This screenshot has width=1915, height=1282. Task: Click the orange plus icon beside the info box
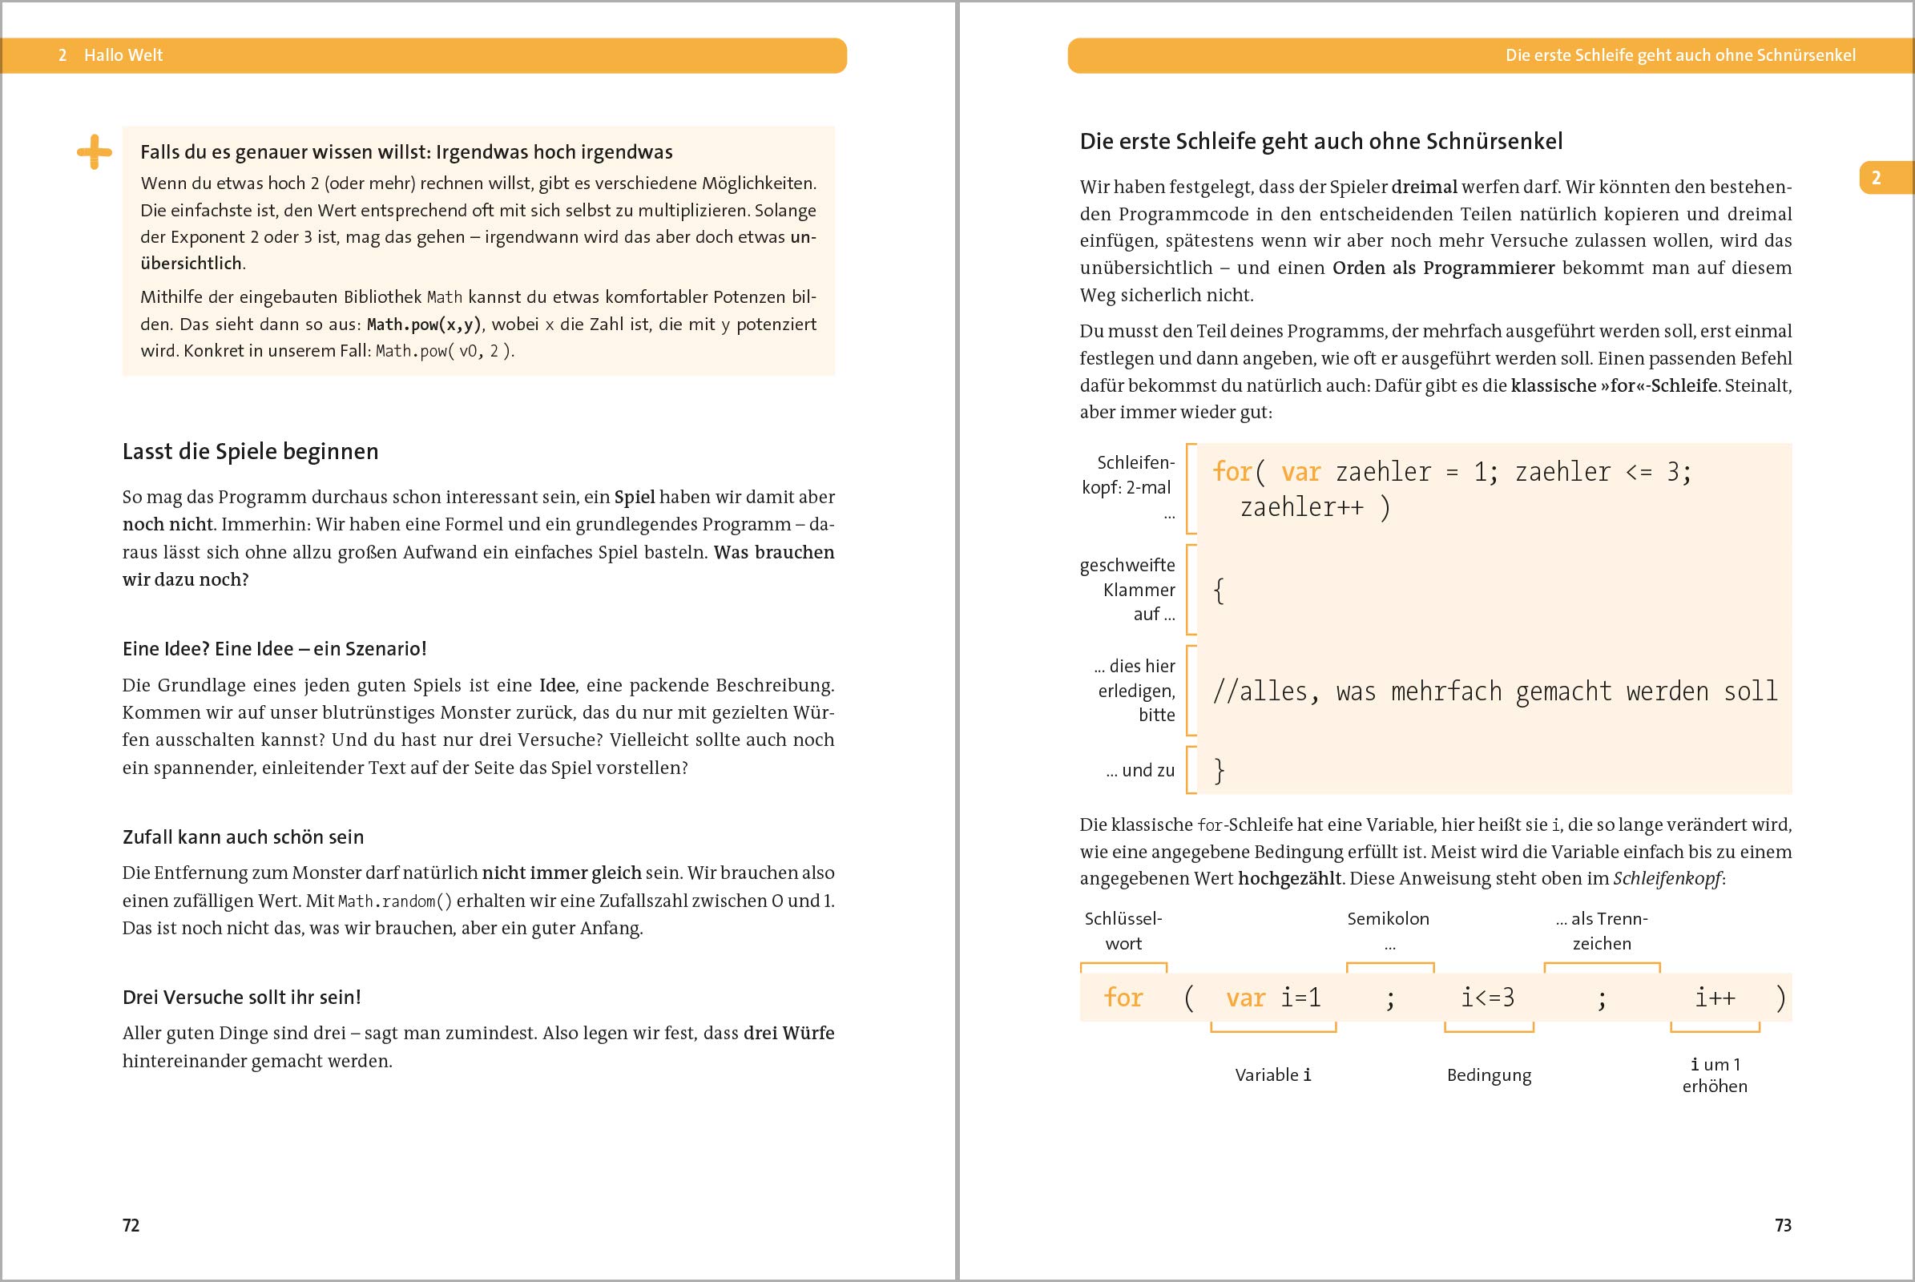94,152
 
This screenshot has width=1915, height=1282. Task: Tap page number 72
131,1225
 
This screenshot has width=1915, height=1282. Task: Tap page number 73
1783,1225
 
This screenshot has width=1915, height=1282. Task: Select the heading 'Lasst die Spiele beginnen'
250,451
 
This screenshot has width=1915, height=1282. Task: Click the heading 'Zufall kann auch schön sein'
243,837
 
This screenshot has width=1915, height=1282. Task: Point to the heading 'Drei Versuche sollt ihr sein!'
241,997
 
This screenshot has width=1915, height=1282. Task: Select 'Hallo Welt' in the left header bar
123,54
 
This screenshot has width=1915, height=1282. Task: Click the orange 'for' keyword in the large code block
1232,472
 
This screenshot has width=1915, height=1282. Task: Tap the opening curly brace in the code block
1219,591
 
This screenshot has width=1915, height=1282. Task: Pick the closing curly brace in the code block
1219,770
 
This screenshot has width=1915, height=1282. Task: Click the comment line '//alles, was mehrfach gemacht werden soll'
1494,691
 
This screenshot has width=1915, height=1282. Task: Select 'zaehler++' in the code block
1302,508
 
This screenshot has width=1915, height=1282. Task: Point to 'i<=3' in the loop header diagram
1487,998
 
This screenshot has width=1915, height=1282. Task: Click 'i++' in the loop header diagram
1715,998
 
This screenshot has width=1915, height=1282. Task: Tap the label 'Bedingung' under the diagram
1488,1074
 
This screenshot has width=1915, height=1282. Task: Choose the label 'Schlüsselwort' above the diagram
1123,930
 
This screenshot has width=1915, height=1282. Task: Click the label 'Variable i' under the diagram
1272,1074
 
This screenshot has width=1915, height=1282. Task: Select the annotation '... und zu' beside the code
1140,770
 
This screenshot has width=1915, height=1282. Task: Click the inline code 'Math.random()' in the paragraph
395,901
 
